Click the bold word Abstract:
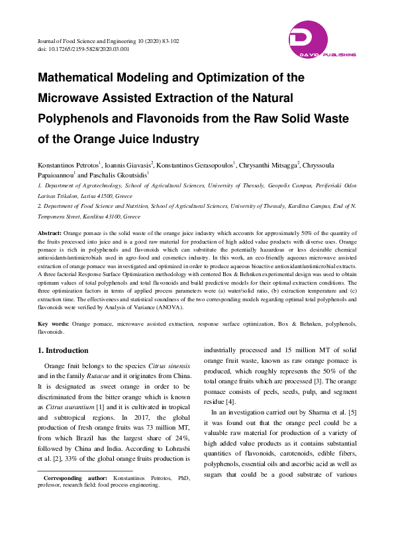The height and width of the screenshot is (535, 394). pyautogui.click(x=50, y=234)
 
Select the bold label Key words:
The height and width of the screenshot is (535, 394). pyautogui.click(x=53, y=323)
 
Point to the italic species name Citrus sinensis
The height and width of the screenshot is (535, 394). pyautogui.click(x=170, y=366)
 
